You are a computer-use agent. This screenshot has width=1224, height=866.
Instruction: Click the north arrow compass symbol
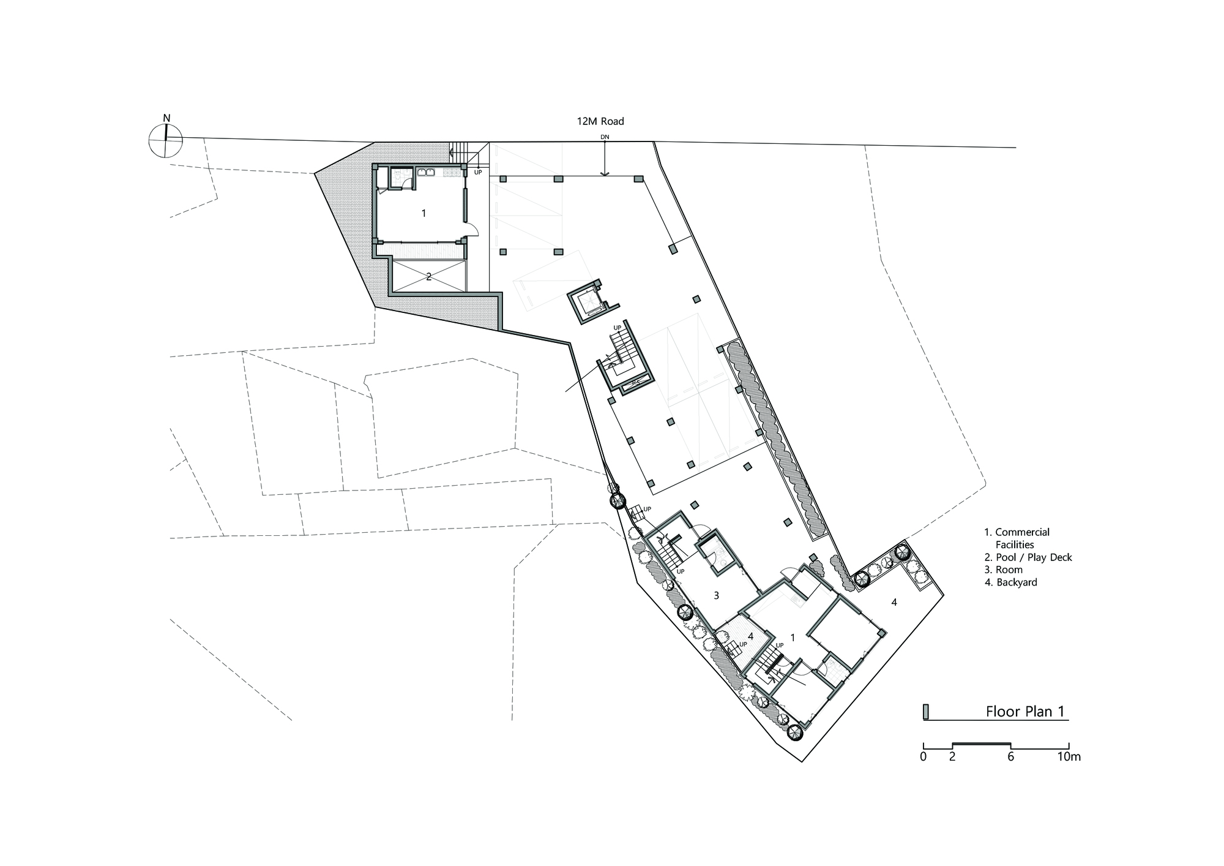click(165, 140)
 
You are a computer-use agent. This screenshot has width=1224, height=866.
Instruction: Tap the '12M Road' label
click(600, 122)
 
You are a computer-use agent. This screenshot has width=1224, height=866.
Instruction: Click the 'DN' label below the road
click(605, 137)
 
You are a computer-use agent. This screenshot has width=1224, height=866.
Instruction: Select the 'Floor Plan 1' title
click(1026, 712)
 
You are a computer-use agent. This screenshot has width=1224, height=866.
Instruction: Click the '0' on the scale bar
click(923, 757)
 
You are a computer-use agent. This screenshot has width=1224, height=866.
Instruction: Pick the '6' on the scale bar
click(1010, 757)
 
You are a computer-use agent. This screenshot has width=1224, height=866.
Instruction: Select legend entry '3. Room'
click(1003, 570)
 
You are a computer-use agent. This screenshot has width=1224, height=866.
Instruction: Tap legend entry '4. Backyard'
click(1010, 582)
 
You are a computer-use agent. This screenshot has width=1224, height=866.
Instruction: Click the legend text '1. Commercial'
click(1017, 532)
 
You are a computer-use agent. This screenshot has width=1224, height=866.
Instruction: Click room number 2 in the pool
click(429, 277)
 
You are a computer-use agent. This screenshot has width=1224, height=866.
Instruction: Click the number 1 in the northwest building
click(424, 214)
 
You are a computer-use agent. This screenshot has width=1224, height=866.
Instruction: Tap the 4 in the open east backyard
click(894, 603)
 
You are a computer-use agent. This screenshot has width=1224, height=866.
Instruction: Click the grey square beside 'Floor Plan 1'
click(927, 712)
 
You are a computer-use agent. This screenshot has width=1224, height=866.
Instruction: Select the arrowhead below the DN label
click(605, 173)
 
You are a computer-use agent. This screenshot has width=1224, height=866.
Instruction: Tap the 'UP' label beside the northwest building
click(479, 172)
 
